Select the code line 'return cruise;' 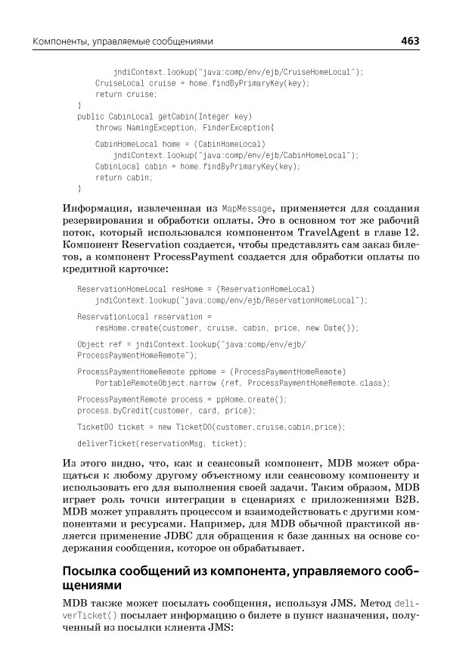tap(126, 94)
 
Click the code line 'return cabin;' tap(124, 177)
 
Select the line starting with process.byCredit tap(166, 410)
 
